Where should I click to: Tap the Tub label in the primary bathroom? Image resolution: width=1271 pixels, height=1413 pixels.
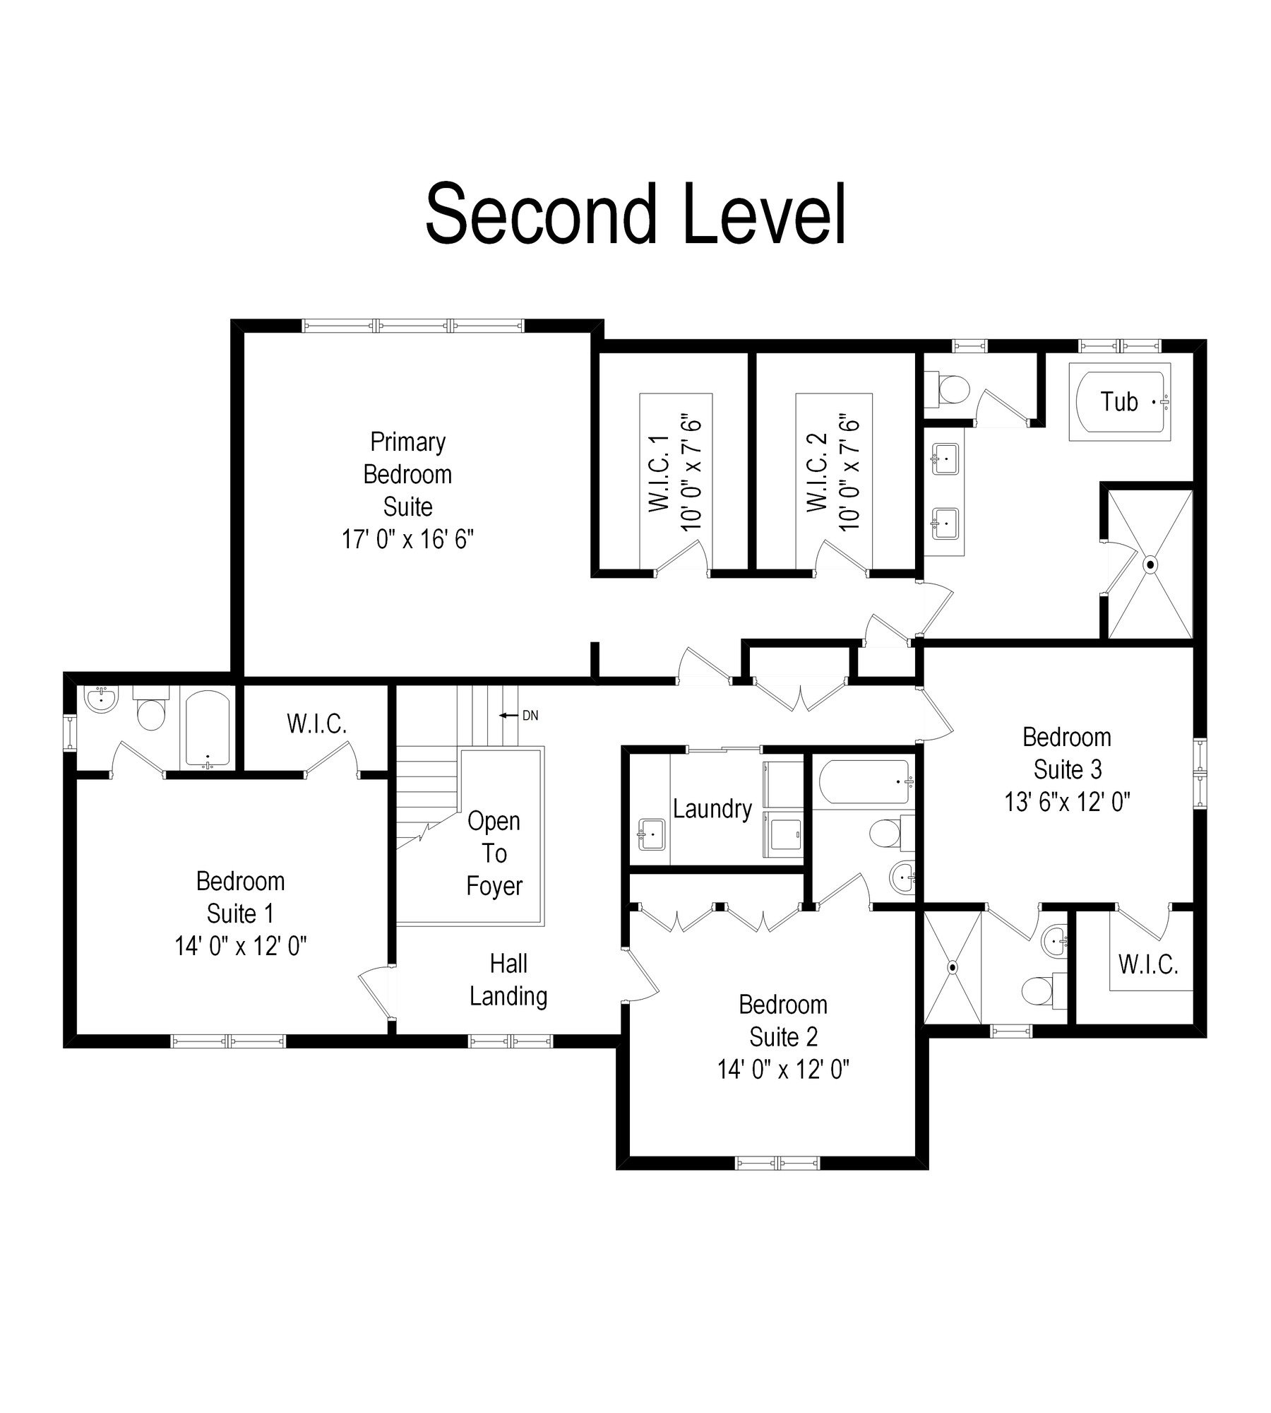click(x=1119, y=402)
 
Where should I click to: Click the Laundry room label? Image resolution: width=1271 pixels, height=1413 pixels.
click(x=712, y=809)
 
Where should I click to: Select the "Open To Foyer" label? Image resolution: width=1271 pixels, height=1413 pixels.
click(x=494, y=853)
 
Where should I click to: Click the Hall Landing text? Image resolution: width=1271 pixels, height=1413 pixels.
click(x=508, y=980)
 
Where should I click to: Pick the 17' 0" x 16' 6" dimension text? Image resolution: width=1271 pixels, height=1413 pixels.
click(x=407, y=540)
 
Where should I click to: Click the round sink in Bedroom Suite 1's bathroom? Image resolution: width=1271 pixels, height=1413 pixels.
click(x=101, y=699)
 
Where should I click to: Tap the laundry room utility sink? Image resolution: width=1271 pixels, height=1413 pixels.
click(x=651, y=835)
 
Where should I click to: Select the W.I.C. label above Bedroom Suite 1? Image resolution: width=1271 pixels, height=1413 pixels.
click(x=316, y=724)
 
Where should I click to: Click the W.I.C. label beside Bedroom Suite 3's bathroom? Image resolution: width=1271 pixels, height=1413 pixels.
click(x=1148, y=965)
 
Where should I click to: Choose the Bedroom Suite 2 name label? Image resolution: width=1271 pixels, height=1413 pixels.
click(x=783, y=1021)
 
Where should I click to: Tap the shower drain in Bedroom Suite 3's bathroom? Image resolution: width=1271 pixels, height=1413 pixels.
click(x=953, y=966)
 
